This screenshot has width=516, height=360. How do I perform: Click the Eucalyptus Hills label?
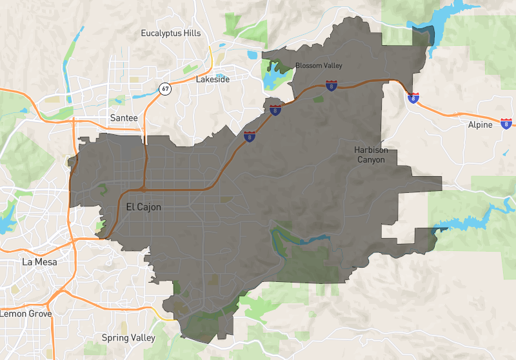[171, 33]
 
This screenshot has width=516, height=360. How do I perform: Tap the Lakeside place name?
[213, 80]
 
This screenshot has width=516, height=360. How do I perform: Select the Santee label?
[124, 118]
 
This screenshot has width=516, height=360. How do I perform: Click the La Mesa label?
[39, 262]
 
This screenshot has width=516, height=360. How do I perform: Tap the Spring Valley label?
[129, 337]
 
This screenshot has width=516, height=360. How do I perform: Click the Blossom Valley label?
[319, 66]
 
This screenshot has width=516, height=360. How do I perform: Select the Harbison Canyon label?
[371, 155]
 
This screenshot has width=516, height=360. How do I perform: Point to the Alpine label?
[479, 125]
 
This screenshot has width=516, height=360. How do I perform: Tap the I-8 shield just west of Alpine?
[413, 98]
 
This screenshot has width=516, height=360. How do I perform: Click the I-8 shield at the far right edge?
[506, 123]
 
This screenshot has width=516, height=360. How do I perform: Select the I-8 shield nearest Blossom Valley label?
[331, 85]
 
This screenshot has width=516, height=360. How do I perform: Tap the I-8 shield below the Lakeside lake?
[275, 110]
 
